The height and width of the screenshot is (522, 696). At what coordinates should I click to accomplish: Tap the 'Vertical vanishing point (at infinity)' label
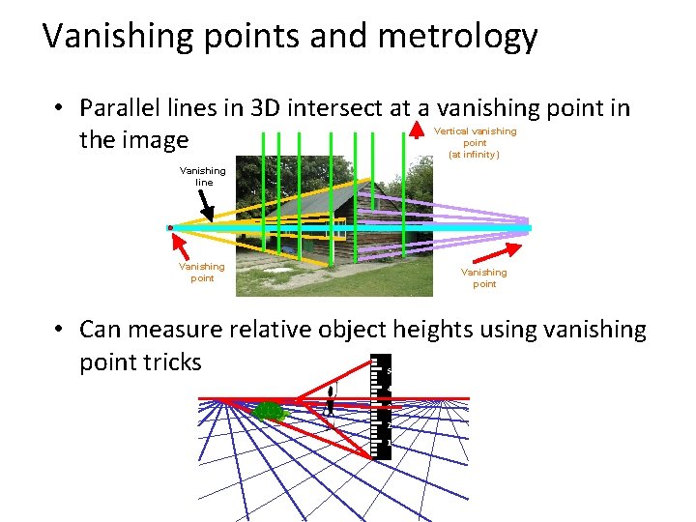coord(475,142)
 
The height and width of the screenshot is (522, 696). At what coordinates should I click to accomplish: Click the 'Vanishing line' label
coord(203,176)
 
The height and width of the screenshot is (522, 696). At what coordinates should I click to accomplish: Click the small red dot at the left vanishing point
coord(170,228)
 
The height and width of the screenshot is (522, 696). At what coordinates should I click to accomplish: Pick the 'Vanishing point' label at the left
coord(202,272)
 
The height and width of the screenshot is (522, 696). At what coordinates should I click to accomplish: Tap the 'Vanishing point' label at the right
coord(484,278)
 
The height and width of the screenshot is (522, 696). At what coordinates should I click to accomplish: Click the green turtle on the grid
coord(271,412)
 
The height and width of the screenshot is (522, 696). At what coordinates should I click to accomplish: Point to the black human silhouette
coord(331,399)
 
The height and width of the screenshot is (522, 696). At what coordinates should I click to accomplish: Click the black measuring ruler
coord(381,406)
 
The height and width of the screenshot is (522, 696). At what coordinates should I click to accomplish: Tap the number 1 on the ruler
coord(389,443)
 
